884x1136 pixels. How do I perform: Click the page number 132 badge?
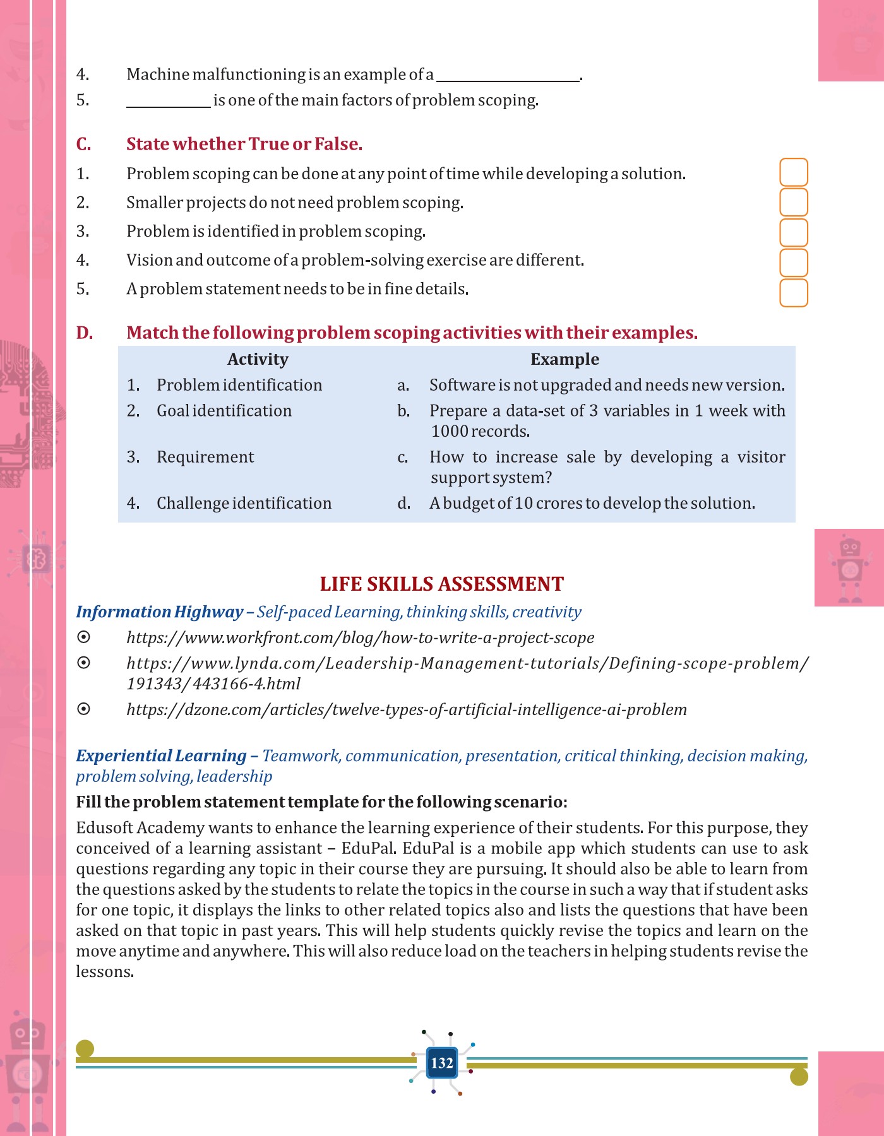pyautogui.click(x=442, y=1063)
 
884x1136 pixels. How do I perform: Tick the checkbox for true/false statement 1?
pyautogui.click(x=794, y=172)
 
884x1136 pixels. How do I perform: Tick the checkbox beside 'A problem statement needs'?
pyautogui.click(x=794, y=293)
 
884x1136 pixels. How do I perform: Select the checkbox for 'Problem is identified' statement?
pyautogui.click(x=794, y=232)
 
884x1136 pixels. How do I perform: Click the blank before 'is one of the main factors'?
pyautogui.click(x=168, y=102)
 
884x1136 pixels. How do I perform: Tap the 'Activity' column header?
pyautogui.click(x=258, y=359)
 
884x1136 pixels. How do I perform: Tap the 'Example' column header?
pyautogui.click(x=564, y=359)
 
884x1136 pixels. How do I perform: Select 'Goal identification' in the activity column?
pyautogui.click(x=224, y=411)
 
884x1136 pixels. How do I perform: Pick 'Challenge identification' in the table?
pyautogui.click(x=244, y=503)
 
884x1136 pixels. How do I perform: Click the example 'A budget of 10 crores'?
pyautogui.click(x=592, y=503)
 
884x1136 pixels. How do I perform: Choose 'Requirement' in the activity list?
pyautogui.click(x=205, y=457)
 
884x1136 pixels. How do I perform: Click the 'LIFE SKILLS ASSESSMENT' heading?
pyautogui.click(x=441, y=584)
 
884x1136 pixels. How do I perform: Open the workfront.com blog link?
pyautogui.click(x=360, y=637)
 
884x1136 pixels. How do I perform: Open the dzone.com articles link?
pyautogui.click(x=406, y=709)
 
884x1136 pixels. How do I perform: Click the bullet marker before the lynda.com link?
pyautogui.click(x=83, y=663)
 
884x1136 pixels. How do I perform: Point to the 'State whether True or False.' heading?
pyautogui.click(x=244, y=144)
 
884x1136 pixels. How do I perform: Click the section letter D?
pyautogui.click(x=85, y=333)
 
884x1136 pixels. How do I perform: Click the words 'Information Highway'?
pyautogui.click(x=159, y=612)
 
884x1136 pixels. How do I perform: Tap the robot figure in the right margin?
pyautogui.click(x=849, y=568)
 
